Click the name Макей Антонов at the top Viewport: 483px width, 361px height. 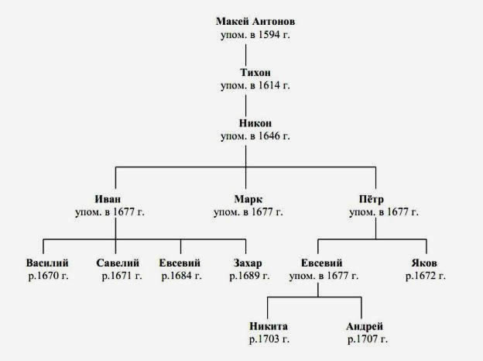[255, 21]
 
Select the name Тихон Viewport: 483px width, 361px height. [255, 73]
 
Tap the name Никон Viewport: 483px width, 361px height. [255, 123]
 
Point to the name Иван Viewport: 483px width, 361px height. [108, 199]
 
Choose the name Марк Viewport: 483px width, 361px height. [248, 199]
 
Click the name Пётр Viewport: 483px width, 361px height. [372, 199]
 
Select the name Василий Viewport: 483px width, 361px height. [47, 263]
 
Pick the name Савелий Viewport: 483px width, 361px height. [118, 263]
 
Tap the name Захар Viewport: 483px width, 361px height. [248, 263]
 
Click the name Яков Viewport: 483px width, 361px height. [424, 263]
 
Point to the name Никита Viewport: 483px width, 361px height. [269, 326]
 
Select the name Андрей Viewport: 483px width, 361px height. [365, 326]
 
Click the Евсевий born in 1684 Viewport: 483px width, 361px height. [180, 263]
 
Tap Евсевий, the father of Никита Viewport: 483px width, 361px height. [321, 263]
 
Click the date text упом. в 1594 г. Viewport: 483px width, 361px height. [255, 35]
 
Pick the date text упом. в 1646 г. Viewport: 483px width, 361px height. [255, 136]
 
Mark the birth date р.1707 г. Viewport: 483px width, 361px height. [368, 339]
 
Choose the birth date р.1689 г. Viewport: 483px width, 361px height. [249, 276]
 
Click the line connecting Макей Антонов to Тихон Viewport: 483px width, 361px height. [246, 55]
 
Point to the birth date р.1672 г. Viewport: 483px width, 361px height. [426, 276]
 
